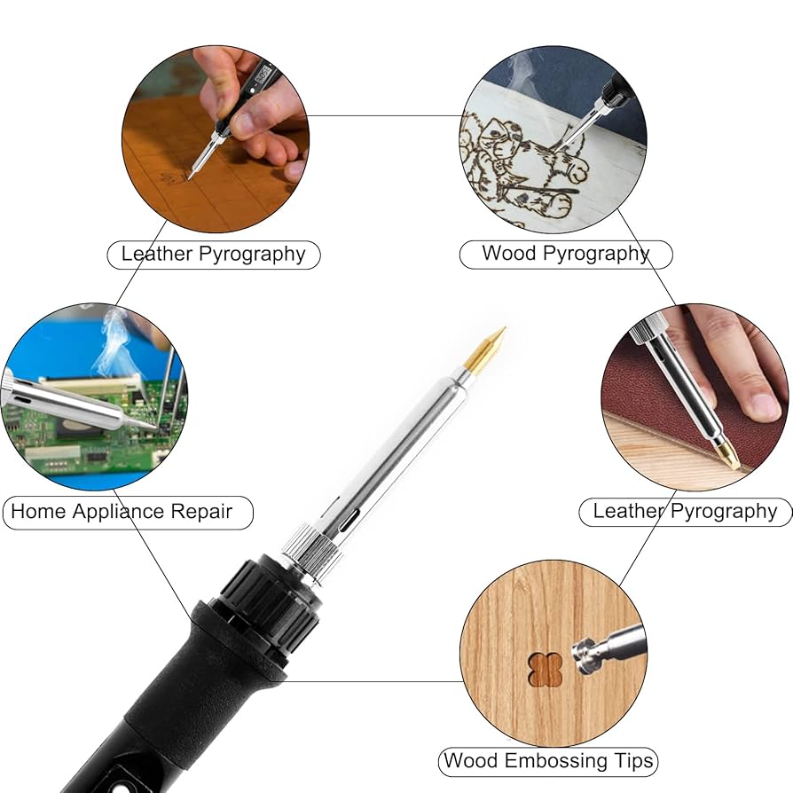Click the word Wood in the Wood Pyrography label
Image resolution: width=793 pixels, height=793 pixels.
[x=509, y=254]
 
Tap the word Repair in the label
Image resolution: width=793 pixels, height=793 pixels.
[x=204, y=512]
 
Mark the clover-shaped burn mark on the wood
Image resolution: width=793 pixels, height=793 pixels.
[x=545, y=669]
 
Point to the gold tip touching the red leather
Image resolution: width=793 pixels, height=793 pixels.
[x=728, y=456]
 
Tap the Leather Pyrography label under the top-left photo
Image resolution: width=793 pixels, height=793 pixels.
[x=213, y=254]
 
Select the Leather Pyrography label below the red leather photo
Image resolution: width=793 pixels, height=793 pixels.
[x=685, y=511]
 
